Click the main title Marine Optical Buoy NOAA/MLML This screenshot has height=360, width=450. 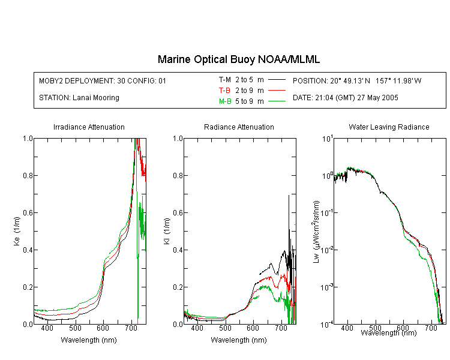click(x=238, y=59)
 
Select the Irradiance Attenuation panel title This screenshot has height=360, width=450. click(x=89, y=127)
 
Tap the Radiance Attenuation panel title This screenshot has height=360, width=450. click(x=239, y=127)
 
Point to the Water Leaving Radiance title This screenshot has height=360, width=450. click(x=389, y=127)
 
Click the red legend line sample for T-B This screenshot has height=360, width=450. click(x=277, y=91)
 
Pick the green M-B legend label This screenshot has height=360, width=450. click(x=225, y=101)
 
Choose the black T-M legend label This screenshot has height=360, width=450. click(x=225, y=80)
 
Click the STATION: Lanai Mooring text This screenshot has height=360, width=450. click(x=79, y=98)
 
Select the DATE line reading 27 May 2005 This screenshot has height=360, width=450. click(x=345, y=98)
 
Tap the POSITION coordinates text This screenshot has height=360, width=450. click(x=357, y=80)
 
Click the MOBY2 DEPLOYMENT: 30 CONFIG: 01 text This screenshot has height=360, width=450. click(x=103, y=80)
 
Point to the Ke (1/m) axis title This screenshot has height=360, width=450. click(x=17, y=231)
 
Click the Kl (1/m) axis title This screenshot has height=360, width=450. click(x=167, y=231)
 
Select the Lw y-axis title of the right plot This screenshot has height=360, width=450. click(x=316, y=232)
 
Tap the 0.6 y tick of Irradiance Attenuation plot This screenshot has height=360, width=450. click(x=28, y=213)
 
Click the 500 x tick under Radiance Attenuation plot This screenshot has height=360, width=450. click(x=225, y=328)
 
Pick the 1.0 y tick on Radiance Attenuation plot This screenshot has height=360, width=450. click(x=178, y=139)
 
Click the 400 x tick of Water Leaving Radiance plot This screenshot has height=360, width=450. click(x=347, y=328)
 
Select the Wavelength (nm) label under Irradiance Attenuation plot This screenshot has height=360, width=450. click(x=89, y=340)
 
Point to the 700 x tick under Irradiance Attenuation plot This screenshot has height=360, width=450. click(x=131, y=328)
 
